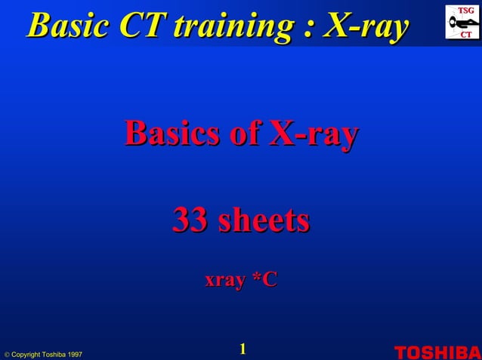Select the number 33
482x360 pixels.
click(191, 220)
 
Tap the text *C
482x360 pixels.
click(264, 280)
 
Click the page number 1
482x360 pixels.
click(243, 348)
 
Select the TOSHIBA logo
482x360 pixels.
click(437, 352)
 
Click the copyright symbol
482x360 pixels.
click(6, 354)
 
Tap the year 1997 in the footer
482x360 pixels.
click(73, 354)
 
